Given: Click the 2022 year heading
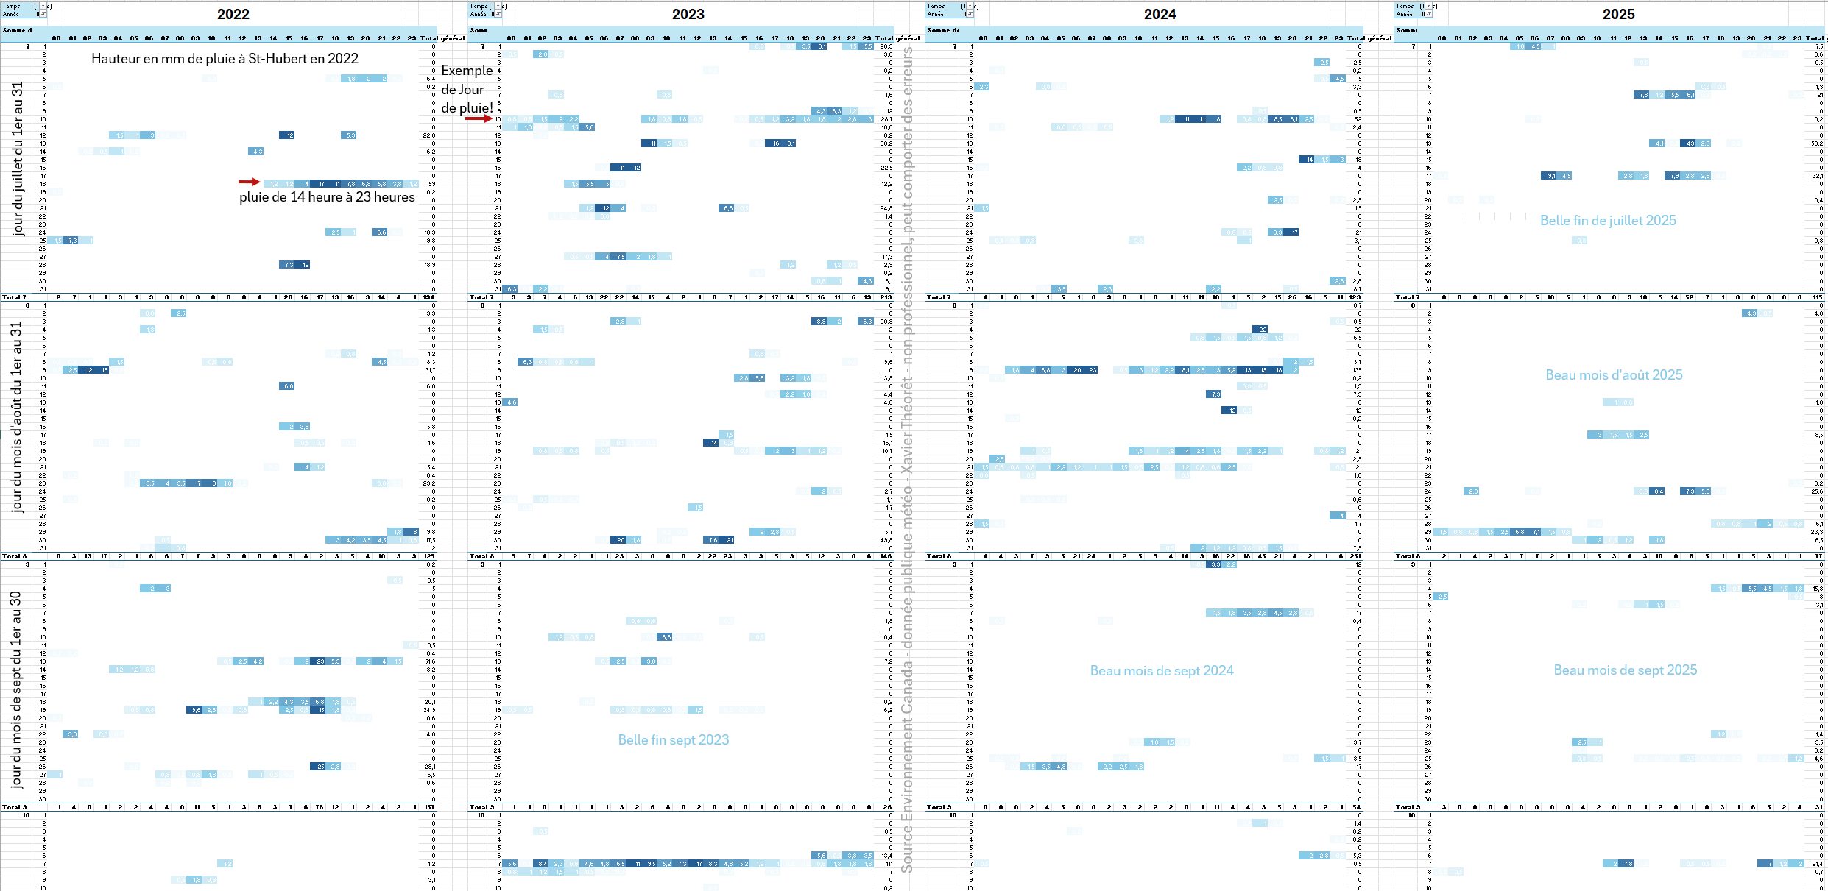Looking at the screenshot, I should (x=233, y=14).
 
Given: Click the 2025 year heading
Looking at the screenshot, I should (x=1618, y=14).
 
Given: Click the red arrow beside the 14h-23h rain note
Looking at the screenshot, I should (x=249, y=182).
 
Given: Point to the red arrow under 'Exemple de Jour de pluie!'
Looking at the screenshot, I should (x=477, y=118).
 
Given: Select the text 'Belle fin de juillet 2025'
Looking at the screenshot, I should (x=1608, y=221).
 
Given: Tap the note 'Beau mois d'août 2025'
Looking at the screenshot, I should (x=1614, y=375).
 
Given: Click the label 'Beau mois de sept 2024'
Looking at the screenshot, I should (x=1161, y=671).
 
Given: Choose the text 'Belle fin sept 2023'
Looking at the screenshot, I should (x=673, y=740).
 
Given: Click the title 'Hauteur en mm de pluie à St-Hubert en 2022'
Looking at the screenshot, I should (x=225, y=59).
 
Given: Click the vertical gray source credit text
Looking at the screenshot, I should (x=907, y=456).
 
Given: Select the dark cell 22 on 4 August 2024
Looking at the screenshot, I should (x=1263, y=330).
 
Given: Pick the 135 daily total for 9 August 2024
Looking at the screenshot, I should (x=1357, y=370).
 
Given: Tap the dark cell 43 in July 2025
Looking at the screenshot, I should (x=1690, y=143).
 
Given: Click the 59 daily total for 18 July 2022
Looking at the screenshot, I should (x=432, y=184).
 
